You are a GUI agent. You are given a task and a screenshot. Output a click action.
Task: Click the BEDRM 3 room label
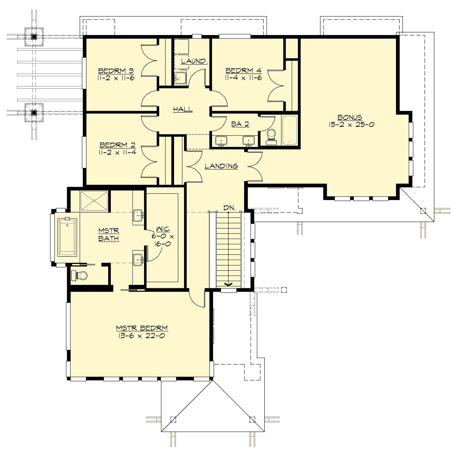pyautogui.click(x=111, y=71)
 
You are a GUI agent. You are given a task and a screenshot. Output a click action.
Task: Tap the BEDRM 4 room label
pyautogui.click(x=238, y=71)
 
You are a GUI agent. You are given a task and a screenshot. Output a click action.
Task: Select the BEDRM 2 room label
pyautogui.click(x=112, y=145)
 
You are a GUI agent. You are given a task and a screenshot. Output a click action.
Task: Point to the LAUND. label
pyautogui.click(x=194, y=61)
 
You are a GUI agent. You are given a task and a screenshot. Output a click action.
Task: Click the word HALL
pyautogui.click(x=183, y=110)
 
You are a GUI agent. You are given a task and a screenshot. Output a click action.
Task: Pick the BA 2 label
pyautogui.click(x=240, y=124)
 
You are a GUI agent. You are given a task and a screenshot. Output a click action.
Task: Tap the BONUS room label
pyautogui.click(x=350, y=117)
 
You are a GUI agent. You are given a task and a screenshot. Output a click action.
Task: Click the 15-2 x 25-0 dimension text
pyautogui.click(x=350, y=124)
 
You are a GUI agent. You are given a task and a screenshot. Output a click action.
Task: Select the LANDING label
pyautogui.click(x=221, y=166)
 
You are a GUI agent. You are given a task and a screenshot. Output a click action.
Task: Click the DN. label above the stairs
pyautogui.click(x=230, y=208)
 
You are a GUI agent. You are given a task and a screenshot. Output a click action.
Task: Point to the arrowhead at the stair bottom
pyautogui.click(x=228, y=284)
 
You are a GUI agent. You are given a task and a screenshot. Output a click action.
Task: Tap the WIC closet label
pyautogui.click(x=163, y=230)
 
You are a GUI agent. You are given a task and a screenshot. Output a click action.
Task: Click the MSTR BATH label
pyautogui.click(x=109, y=235)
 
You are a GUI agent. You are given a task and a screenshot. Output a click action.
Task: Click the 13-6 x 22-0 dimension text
pyautogui.click(x=141, y=336)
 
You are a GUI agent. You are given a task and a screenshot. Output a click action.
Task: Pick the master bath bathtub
pyautogui.click(x=67, y=237)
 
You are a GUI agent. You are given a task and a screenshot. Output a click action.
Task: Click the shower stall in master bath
pyautogui.click(x=94, y=200)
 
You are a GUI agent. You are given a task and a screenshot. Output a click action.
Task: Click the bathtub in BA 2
pyautogui.click(x=289, y=131)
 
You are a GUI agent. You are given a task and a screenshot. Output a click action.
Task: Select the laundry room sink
pyautogui.click(x=180, y=78)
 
